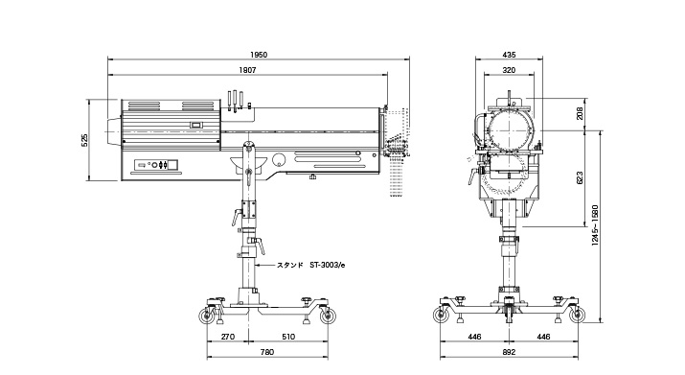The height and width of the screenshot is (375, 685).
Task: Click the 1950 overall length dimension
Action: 259,55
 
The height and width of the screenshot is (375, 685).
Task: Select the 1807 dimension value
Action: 248,70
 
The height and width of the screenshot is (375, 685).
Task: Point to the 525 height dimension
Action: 85,140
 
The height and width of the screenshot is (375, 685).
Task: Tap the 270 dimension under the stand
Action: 228,337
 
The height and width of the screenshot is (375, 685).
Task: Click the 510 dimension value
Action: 288,337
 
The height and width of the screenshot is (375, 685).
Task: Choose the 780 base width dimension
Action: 267,352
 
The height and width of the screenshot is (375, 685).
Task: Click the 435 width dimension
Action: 509,55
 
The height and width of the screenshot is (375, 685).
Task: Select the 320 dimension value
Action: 509,70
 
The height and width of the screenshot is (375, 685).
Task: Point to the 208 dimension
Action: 581,113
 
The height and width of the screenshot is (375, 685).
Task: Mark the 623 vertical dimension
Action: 581,178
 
